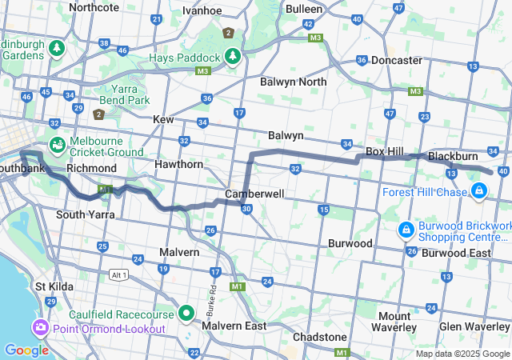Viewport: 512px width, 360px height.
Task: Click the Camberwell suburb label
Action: coord(254,194)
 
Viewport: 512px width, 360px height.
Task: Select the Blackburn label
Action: coord(453,156)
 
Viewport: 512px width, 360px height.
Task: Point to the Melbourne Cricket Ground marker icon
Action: coord(57,146)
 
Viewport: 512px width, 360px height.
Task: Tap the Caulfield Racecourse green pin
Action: coord(186,312)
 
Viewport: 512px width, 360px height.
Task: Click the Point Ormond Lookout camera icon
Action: coord(40,328)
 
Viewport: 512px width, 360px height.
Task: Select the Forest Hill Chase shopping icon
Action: coord(478,190)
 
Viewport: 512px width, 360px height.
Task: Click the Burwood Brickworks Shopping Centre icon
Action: coord(406,230)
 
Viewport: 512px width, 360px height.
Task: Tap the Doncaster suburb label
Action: coord(396,60)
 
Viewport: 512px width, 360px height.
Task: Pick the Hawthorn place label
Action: coord(181,164)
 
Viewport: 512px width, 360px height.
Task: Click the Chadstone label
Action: coord(319,337)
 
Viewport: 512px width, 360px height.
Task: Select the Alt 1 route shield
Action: coord(118,274)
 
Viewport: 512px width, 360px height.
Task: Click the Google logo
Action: coord(26,350)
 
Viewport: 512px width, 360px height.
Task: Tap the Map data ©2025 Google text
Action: coord(462,354)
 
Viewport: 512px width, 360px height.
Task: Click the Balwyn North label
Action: coord(293,82)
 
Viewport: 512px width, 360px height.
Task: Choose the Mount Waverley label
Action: coord(394,322)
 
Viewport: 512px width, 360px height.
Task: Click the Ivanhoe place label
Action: coord(202,10)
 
